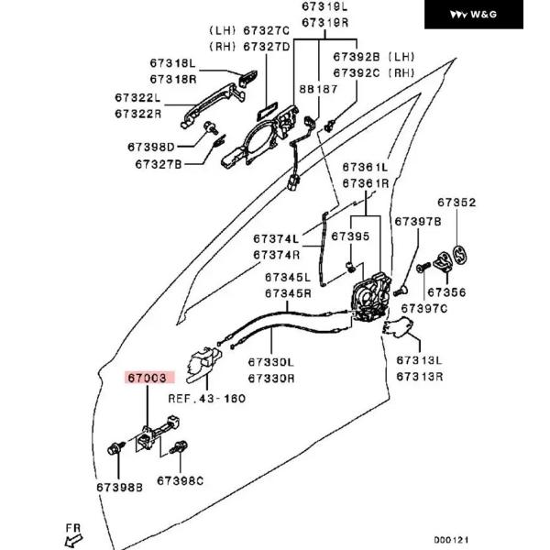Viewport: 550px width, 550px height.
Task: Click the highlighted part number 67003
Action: [x=148, y=377]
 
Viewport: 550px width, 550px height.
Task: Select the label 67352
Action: [x=456, y=203]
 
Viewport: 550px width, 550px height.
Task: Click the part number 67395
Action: [x=350, y=236]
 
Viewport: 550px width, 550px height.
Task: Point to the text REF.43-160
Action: [x=207, y=399]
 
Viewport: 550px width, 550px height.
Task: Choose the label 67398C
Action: [x=180, y=480]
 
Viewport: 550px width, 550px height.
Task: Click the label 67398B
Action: [x=119, y=487]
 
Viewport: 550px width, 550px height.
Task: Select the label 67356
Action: [x=446, y=292]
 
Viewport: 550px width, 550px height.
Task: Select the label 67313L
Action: [x=419, y=360]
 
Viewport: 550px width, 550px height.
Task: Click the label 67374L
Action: [x=276, y=239]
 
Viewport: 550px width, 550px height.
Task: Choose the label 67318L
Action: [x=173, y=63]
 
